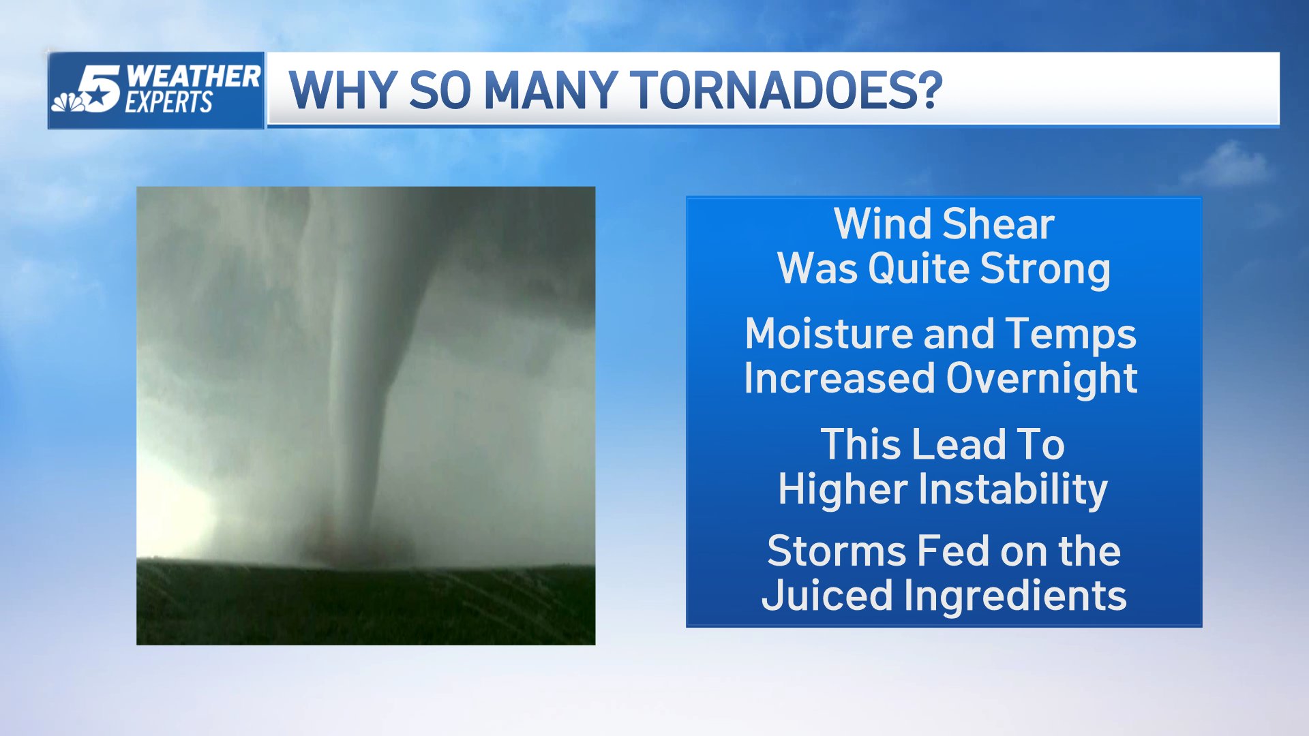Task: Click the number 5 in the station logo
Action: (x=100, y=88)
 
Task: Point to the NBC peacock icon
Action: (x=69, y=102)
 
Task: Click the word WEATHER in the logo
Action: (x=193, y=76)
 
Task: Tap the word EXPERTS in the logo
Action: (x=168, y=103)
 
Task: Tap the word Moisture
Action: (x=828, y=334)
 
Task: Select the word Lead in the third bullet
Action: (x=958, y=444)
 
